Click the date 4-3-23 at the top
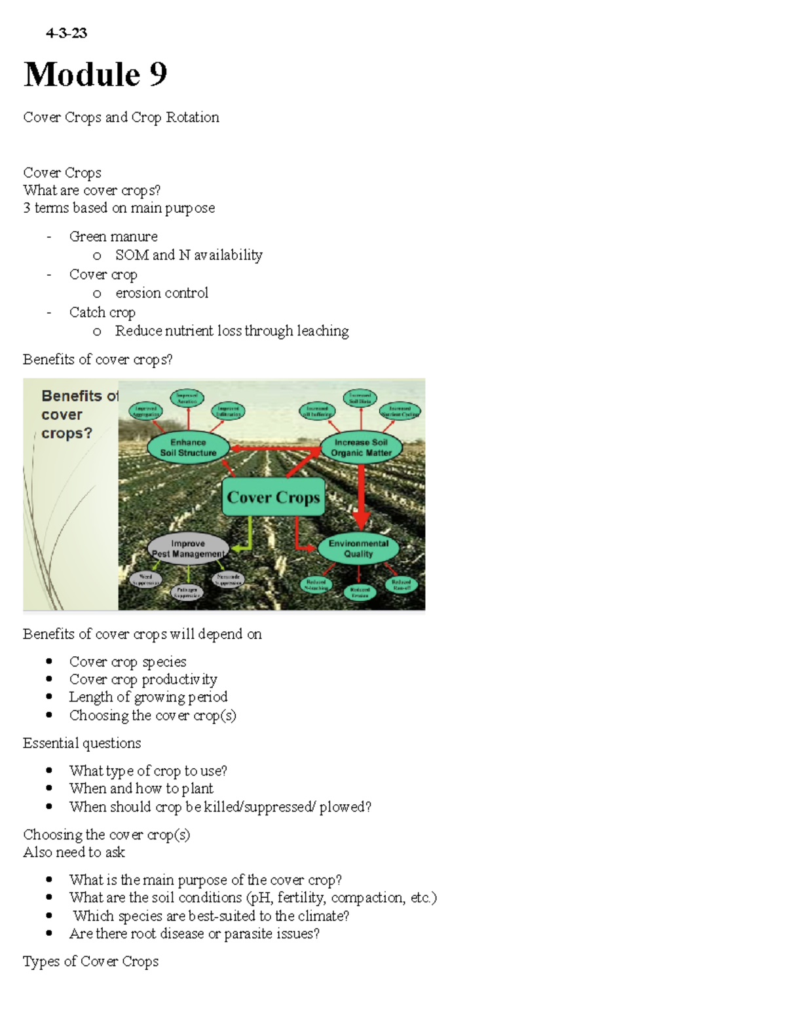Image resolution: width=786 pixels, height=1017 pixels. click(x=66, y=33)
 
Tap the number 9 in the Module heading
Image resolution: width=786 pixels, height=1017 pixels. click(x=158, y=74)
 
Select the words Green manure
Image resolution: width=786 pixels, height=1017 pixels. click(x=113, y=236)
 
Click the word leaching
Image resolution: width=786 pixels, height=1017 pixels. click(x=322, y=331)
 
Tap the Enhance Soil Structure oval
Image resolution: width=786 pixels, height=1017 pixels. click(x=188, y=447)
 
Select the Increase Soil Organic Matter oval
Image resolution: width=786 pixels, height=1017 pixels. click(x=361, y=447)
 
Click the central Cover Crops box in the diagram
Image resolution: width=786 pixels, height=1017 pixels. click(x=273, y=497)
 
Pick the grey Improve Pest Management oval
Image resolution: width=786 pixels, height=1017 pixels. click(x=188, y=549)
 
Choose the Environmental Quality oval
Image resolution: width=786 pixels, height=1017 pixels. click(x=358, y=548)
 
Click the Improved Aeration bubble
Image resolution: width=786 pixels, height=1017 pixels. click(x=187, y=398)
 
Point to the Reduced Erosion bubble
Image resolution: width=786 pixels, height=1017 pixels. click(x=360, y=593)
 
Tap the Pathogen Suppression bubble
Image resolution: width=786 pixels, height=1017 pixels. click(x=187, y=593)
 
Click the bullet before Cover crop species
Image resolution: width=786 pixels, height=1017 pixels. click(x=50, y=661)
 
